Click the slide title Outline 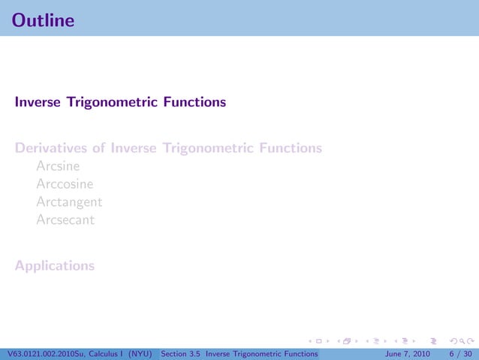pos(44,20)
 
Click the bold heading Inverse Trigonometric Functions pos(119,101)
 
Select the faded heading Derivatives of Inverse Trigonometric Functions pos(168,148)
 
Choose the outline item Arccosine pos(65,184)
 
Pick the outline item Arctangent pos(69,202)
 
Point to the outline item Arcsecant pos(65,220)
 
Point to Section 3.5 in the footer pos(180,353)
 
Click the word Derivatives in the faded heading pos(50,148)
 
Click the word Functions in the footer pos(298,353)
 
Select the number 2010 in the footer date pos(421,353)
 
